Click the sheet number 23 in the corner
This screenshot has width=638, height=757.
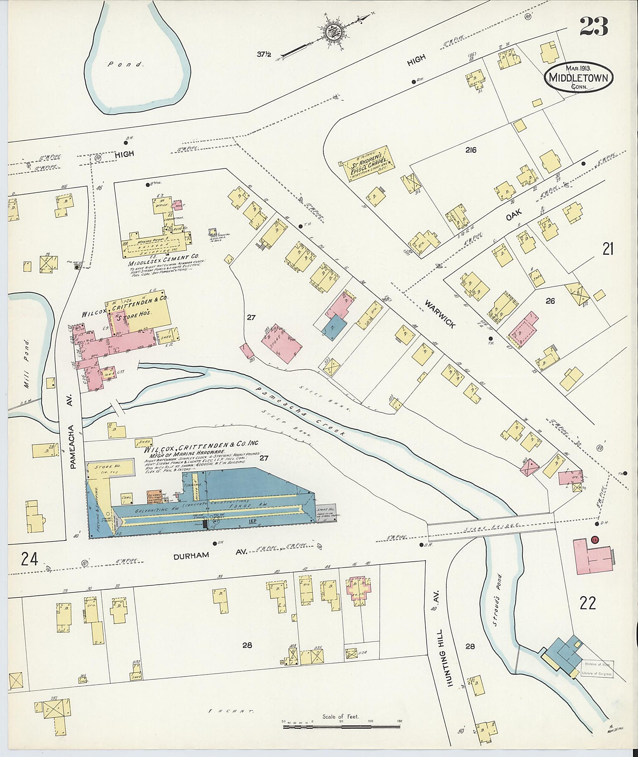tap(593, 27)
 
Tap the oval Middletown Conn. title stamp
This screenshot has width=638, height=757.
tap(579, 77)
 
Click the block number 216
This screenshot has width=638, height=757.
tap(470, 150)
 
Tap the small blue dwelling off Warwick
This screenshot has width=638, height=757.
tap(334, 328)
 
